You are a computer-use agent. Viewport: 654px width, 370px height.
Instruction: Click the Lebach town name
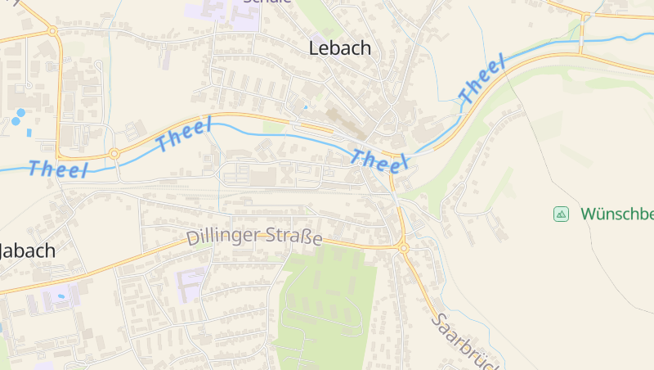tap(339, 48)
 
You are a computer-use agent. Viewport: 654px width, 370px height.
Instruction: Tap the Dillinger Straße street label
tap(254, 237)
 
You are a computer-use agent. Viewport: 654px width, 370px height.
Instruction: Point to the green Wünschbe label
tap(617, 214)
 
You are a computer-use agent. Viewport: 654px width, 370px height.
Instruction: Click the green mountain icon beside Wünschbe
tap(561, 214)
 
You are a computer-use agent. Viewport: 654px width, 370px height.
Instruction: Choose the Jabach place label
tap(29, 251)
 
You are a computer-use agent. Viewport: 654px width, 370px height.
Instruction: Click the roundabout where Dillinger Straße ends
tap(403, 246)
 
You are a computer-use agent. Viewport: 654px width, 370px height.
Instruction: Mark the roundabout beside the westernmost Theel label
tap(114, 153)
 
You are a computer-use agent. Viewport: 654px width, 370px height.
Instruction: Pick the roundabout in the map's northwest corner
tap(52, 31)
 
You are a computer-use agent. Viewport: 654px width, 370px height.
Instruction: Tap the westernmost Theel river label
tap(58, 169)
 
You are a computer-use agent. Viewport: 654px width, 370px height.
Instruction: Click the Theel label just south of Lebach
tap(380, 160)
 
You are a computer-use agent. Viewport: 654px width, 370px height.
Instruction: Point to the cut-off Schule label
tap(267, 2)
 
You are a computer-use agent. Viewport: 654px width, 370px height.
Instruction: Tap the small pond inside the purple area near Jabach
tap(61, 296)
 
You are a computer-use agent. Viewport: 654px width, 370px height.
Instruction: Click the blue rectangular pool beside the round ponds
tap(29, 132)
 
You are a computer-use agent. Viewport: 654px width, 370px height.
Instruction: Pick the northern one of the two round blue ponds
tap(20, 112)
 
